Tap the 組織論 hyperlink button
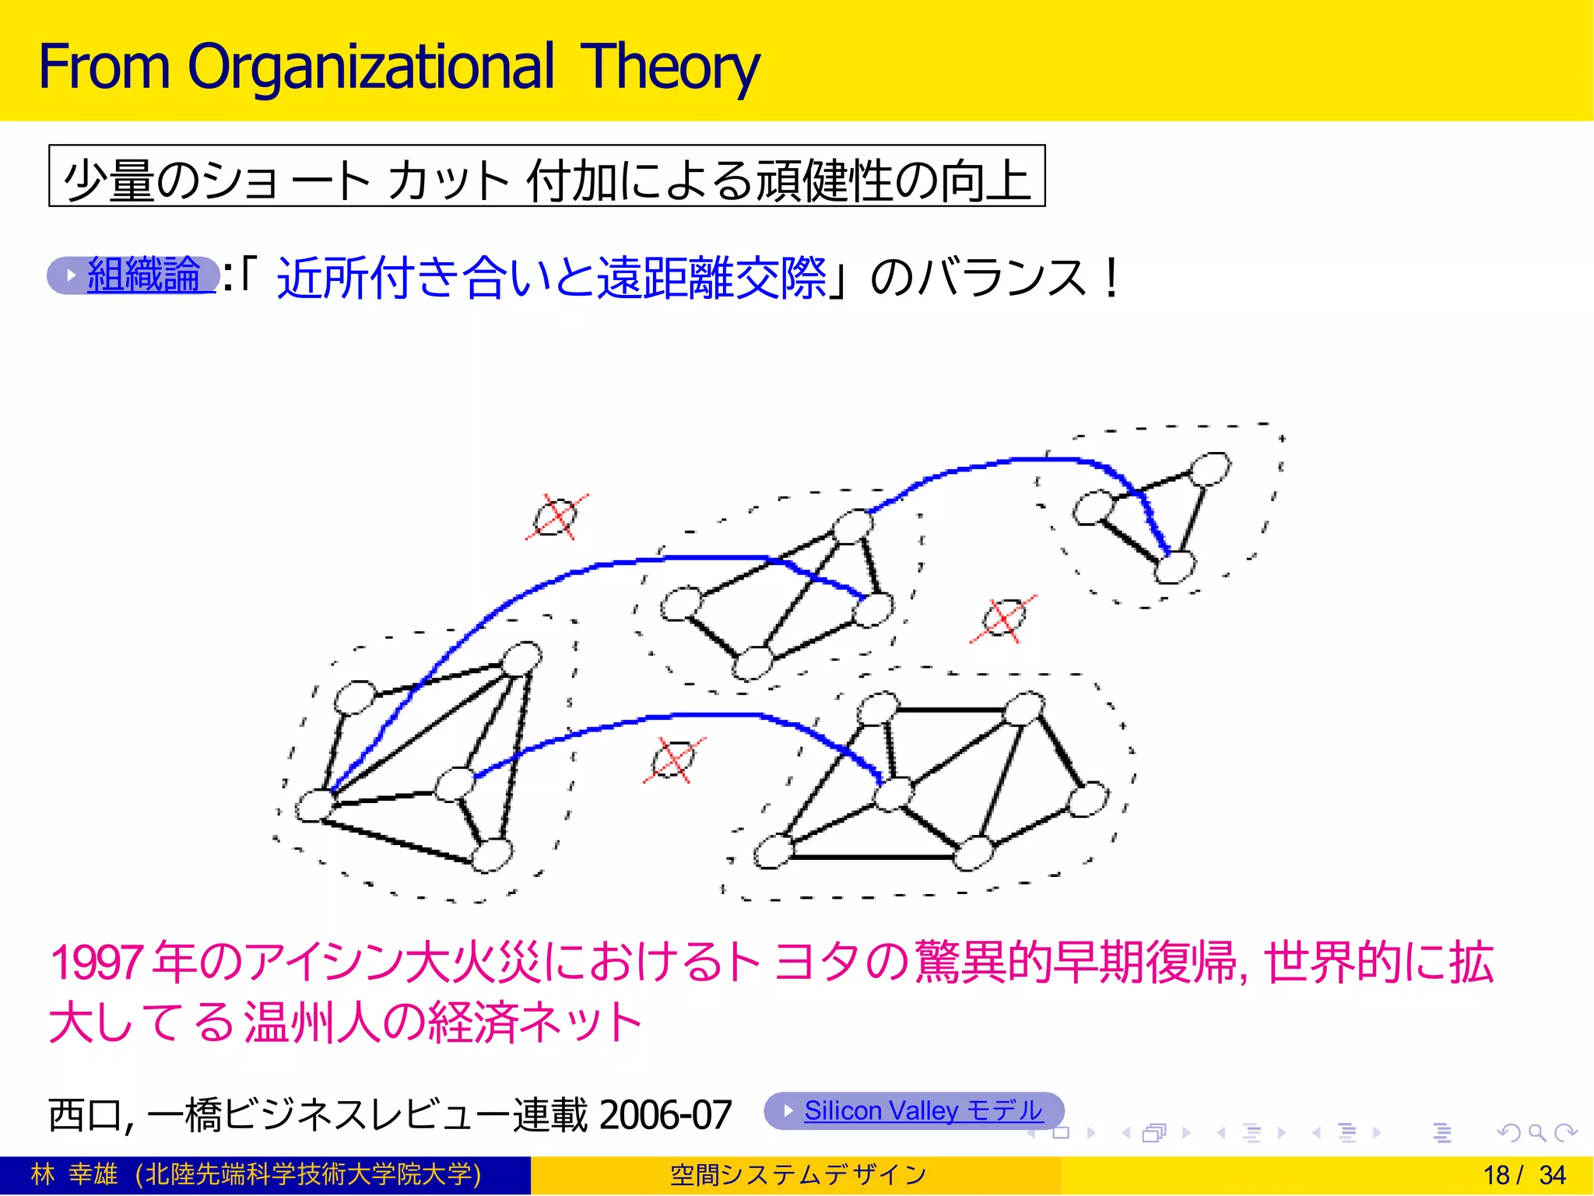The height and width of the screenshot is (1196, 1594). (134, 275)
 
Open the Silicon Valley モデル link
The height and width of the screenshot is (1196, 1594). (915, 1110)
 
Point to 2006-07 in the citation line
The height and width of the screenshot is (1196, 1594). (665, 1114)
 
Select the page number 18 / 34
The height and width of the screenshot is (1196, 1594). (1524, 1175)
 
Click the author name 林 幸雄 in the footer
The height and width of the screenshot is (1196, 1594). (74, 1174)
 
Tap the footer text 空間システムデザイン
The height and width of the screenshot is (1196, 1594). (798, 1175)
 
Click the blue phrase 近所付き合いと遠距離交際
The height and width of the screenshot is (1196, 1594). (552, 278)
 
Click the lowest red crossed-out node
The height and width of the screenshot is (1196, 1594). (674, 759)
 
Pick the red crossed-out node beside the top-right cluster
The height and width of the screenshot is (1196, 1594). (1003, 619)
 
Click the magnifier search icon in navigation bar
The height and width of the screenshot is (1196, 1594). (1536, 1133)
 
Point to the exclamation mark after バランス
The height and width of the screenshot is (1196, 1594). (1111, 278)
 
